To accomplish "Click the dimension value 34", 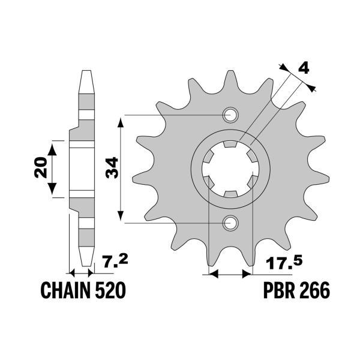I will [x=111, y=169].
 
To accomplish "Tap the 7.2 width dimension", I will [x=113, y=262].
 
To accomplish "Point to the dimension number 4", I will [x=304, y=68].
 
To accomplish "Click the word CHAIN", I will [x=65, y=291].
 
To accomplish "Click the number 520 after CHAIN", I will [x=109, y=291].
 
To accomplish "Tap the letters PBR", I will [x=278, y=291].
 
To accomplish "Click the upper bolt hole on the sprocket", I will [x=230, y=115].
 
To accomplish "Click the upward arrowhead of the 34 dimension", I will [x=122, y=120].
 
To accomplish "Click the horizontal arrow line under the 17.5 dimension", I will [x=230, y=275].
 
